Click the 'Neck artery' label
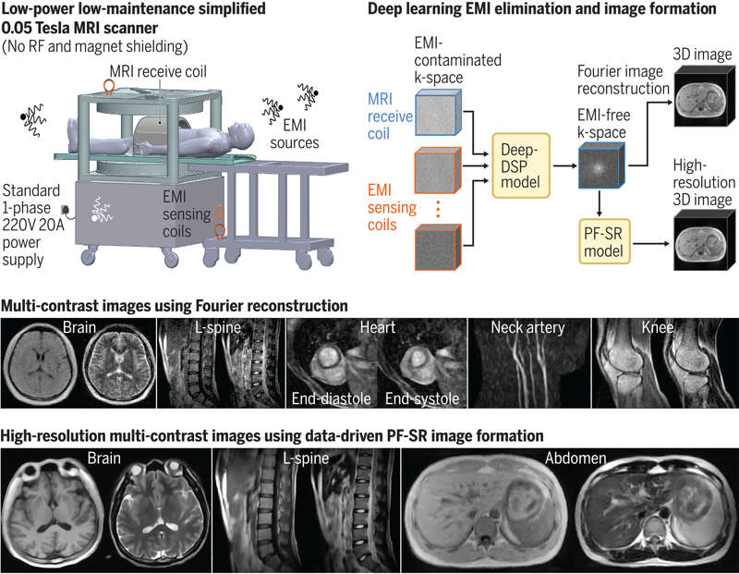pyautogui.click(x=529, y=327)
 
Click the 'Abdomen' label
pyautogui.click(x=569, y=458)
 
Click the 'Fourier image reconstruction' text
pyautogui.click(x=624, y=80)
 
